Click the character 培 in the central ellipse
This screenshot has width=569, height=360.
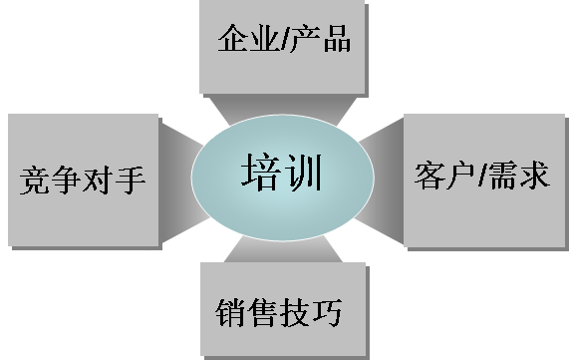260,172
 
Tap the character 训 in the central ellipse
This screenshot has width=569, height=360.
303,172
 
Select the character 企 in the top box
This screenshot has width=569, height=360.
233,38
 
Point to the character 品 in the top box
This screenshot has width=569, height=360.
337,38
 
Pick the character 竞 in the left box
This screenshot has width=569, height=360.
35,180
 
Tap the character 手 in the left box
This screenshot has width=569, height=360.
131,180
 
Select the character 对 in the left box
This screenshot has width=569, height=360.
99,180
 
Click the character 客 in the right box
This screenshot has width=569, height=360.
429,176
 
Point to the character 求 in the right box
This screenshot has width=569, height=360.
535,176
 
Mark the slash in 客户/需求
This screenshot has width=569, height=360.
482,176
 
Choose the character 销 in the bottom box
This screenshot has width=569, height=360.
231,312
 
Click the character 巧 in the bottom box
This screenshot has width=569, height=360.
327,312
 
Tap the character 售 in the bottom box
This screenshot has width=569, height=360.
263,312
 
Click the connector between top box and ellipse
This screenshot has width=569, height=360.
283,108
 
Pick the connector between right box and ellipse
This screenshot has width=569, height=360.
380,180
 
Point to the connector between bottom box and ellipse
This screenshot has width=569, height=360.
283,249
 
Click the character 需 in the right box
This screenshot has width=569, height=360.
503,176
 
